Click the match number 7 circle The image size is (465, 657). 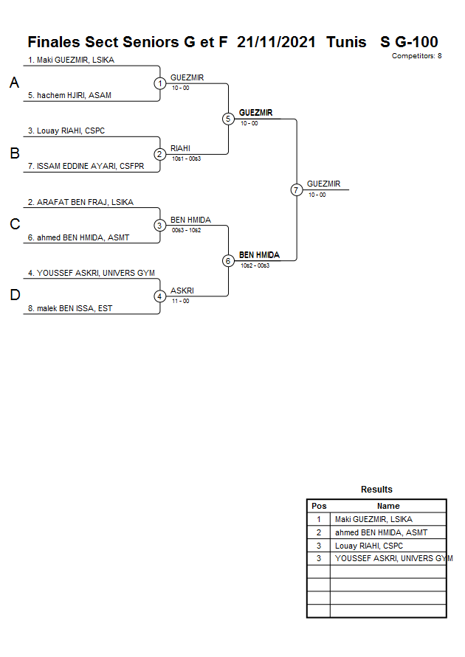(296, 190)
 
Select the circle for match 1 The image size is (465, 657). (159, 83)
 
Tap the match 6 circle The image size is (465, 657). (228, 261)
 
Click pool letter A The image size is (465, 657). (14, 83)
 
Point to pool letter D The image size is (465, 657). (14, 296)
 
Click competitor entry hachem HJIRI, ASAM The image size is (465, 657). (69, 96)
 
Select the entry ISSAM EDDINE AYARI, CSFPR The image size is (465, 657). (86, 167)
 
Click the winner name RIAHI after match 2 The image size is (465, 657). (180, 148)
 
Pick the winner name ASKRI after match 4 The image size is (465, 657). (182, 291)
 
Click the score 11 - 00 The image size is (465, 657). (180, 301)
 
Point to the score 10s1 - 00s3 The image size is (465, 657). (186, 159)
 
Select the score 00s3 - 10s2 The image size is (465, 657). (186, 230)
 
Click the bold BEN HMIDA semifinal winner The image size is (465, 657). (259, 255)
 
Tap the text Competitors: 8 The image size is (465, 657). (416, 56)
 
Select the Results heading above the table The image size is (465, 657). (376, 490)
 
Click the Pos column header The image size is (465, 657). (319, 506)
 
